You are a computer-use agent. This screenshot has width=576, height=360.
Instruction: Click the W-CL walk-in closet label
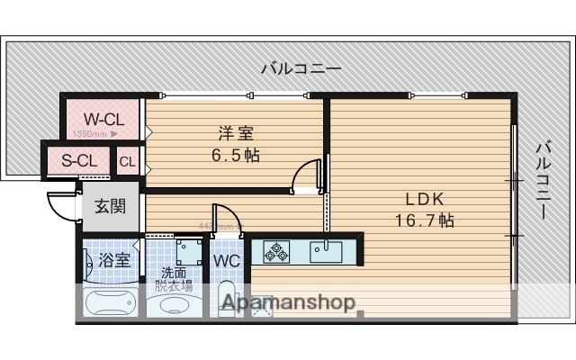point(104,118)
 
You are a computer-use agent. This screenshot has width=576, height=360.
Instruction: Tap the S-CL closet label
point(79,162)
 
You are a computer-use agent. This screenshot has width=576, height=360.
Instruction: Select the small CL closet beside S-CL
point(127,163)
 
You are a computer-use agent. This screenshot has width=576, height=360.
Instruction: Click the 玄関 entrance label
point(111,206)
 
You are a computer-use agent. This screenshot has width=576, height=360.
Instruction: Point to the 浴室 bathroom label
point(114,261)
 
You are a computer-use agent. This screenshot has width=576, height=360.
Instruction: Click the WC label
point(226,261)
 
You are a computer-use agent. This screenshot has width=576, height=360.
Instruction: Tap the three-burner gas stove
point(276,250)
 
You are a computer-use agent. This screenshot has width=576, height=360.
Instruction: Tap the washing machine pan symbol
point(188,249)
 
